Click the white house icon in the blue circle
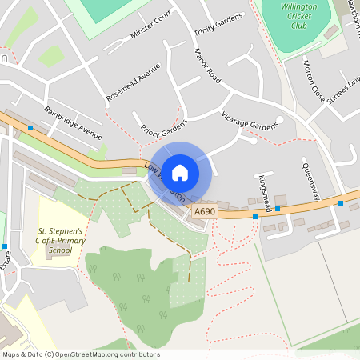(x=180, y=172)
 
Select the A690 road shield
(x=203, y=211)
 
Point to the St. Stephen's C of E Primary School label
(x=54, y=240)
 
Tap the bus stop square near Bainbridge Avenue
(x=30, y=128)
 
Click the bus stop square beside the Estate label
(x=5, y=246)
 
